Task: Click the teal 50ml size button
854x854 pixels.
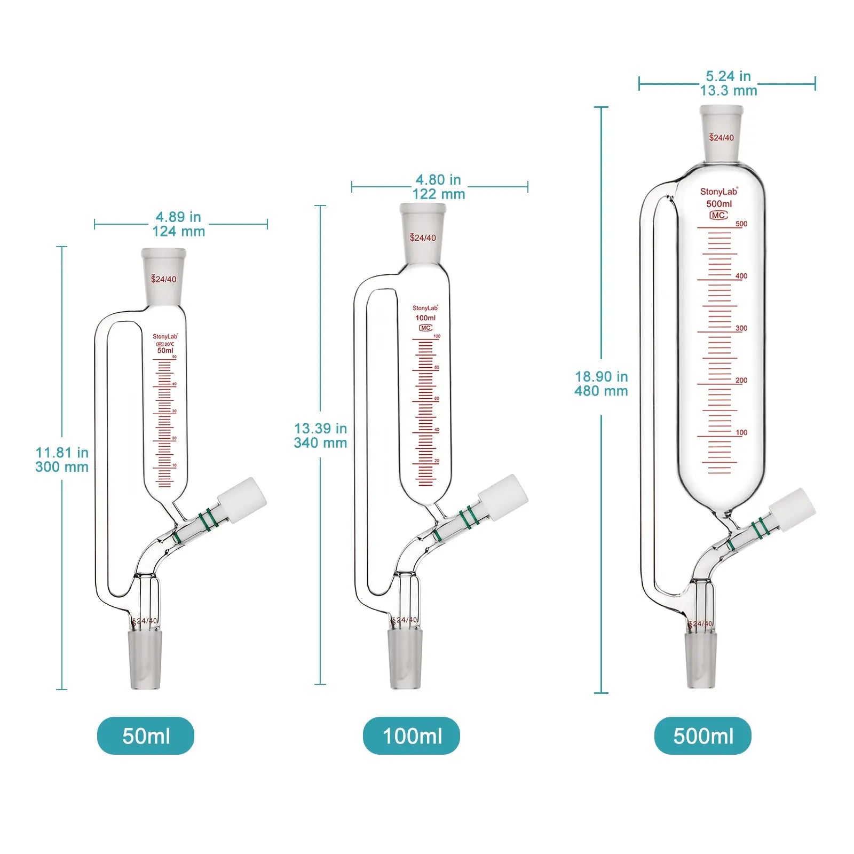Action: click(x=146, y=736)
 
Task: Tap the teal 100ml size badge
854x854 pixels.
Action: click(x=412, y=736)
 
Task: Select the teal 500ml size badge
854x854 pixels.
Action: click(x=702, y=736)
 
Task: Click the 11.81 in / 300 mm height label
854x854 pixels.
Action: click(x=62, y=460)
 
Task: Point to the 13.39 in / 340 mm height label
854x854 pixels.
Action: click(x=320, y=436)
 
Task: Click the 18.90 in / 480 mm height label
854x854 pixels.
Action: click(x=601, y=384)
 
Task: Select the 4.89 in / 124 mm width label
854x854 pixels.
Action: click(x=178, y=224)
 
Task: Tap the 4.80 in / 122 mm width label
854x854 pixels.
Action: click(x=438, y=187)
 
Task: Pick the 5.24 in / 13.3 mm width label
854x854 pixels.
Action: click(x=728, y=84)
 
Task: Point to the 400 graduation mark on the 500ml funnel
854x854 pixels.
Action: click(x=741, y=276)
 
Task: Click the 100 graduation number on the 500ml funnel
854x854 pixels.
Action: click(x=741, y=433)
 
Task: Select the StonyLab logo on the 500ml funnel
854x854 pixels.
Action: click(x=718, y=192)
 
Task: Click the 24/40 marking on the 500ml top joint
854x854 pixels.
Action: click(x=721, y=138)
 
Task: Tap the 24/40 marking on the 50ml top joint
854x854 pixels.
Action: click(x=164, y=279)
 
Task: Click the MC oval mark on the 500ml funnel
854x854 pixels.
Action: click(x=718, y=215)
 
